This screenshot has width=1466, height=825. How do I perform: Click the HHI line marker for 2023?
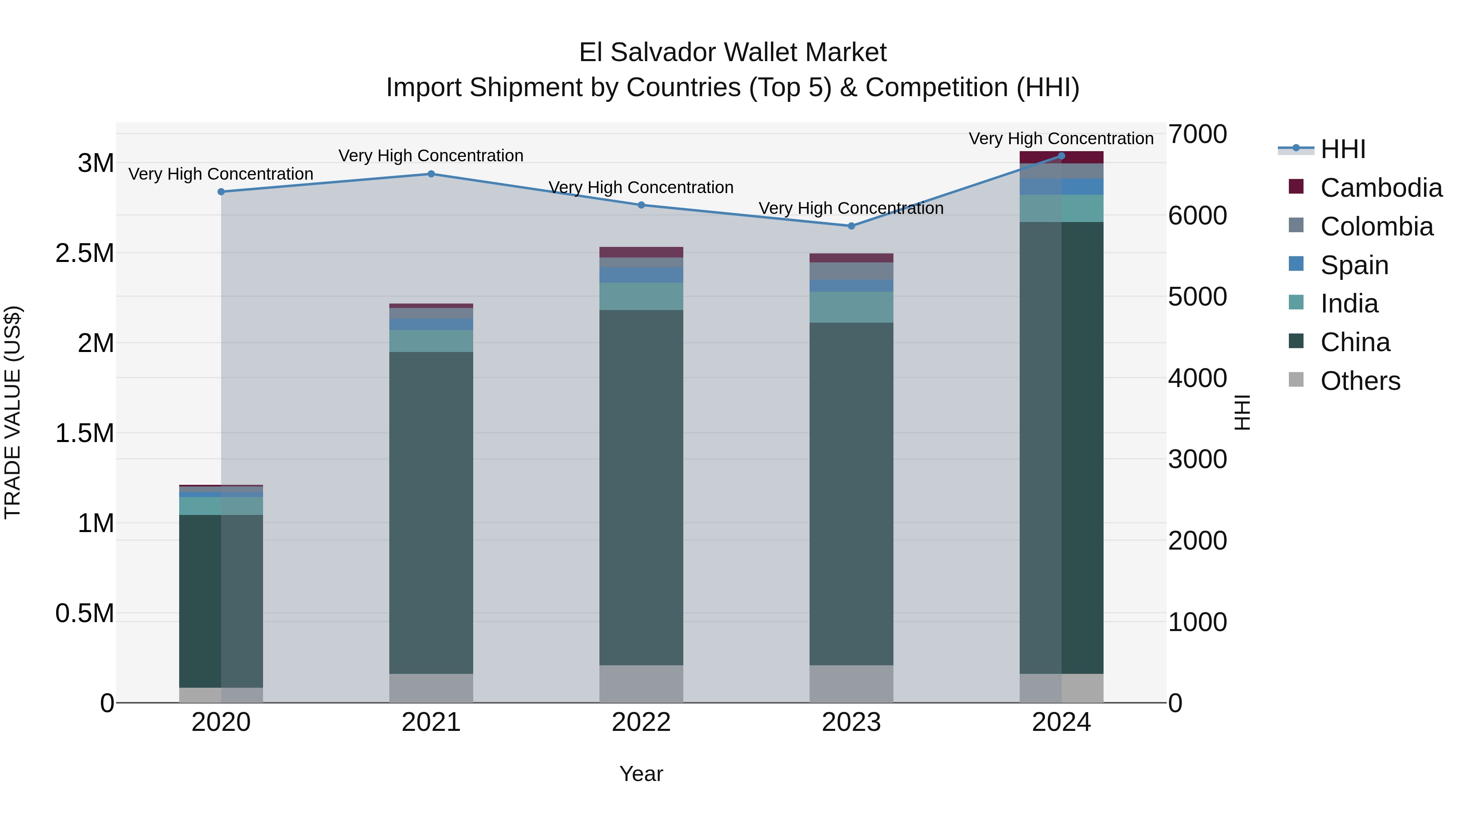(x=852, y=226)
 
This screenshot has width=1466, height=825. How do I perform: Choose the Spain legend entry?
(x=1354, y=265)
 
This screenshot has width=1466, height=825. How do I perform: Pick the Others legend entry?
(x=1360, y=381)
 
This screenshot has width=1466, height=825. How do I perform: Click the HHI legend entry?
(x=1343, y=149)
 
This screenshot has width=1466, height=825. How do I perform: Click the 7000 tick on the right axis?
(x=1197, y=134)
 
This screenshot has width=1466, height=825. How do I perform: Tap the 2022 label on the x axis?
(x=641, y=722)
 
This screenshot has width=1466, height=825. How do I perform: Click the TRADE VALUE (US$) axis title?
(x=13, y=412)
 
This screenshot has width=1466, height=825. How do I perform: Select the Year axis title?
(x=641, y=774)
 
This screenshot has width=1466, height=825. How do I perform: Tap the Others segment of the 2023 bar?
(x=852, y=684)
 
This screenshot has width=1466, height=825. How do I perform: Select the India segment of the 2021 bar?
(x=431, y=341)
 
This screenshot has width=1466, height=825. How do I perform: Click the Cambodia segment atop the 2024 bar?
(x=1061, y=157)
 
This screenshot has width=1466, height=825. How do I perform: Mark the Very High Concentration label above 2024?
(x=1061, y=139)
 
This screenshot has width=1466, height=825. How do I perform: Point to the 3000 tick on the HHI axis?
(x=1197, y=460)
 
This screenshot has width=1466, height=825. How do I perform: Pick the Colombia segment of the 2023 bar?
(x=852, y=271)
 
